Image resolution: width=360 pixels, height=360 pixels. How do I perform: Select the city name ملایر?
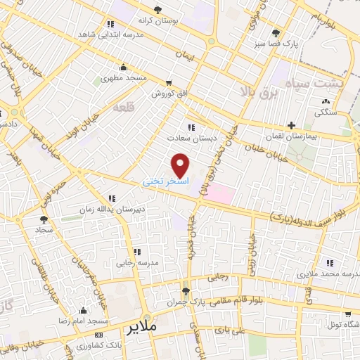[141, 327]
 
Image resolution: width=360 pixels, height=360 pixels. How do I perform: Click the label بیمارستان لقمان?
[286, 136]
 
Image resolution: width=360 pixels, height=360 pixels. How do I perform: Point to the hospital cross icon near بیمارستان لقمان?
[290, 125]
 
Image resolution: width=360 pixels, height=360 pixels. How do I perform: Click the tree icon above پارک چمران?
[186, 291]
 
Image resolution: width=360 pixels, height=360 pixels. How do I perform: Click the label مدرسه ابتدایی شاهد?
[89, 34]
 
